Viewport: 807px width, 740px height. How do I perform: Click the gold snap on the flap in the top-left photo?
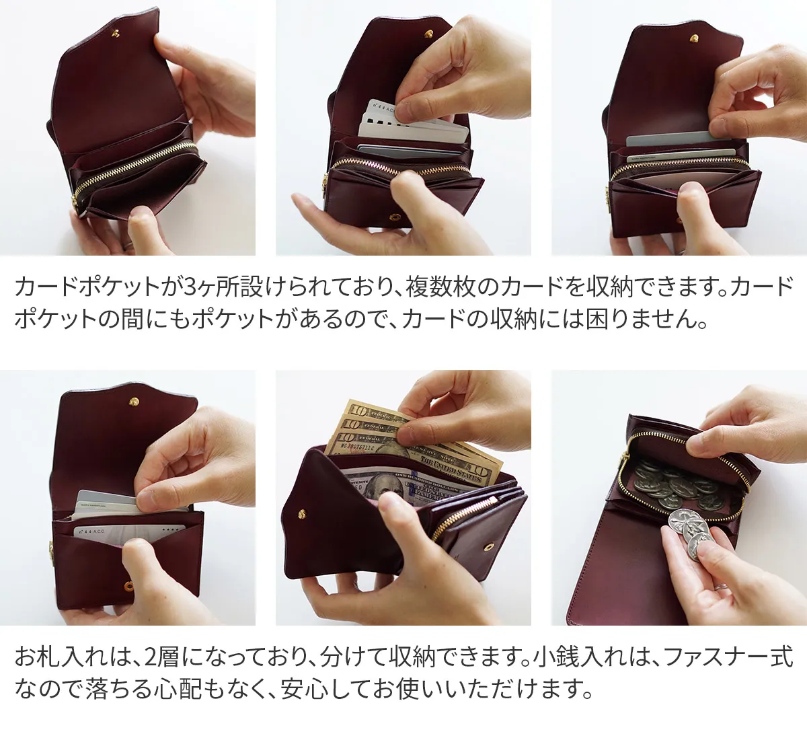116,34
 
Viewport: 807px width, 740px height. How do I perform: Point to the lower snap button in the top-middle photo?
393,217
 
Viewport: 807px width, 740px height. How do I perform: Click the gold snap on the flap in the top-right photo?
694,38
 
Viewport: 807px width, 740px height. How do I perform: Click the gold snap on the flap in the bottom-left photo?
134,401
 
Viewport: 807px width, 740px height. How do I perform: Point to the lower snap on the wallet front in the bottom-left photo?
128,586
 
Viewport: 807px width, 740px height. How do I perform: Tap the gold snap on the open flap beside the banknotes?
302,513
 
